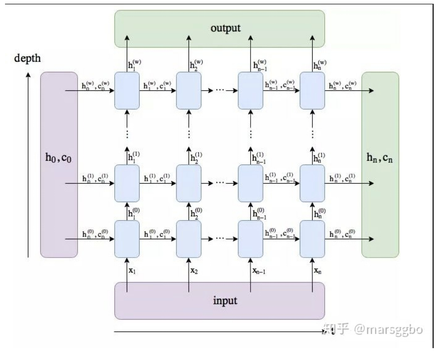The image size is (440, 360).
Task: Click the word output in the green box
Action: click(225, 28)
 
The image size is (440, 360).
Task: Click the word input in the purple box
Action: click(225, 300)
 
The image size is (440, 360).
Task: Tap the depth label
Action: click(27, 58)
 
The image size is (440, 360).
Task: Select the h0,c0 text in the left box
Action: click(58, 158)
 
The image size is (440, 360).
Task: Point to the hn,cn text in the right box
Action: click(379, 158)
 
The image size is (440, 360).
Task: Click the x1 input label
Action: click(132, 271)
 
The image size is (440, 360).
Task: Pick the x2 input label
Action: click(194, 271)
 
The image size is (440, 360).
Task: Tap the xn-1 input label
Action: click(259, 271)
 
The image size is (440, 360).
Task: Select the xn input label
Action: click(318, 271)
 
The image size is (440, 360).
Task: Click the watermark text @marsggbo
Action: click(388, 329)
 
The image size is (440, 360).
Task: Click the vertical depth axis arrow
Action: click(28, 165)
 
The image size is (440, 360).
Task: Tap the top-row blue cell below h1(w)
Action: click(127, 91)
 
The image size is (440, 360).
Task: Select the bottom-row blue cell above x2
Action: click(189, 239)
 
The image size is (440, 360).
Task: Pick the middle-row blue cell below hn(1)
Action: click(312, 183)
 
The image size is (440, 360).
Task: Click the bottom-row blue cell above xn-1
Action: click(250, 239)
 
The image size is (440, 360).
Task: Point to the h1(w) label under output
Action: click(134, 65)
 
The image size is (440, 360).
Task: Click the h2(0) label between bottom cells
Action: click(196, 213)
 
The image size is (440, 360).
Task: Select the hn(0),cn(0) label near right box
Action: click(342, 234)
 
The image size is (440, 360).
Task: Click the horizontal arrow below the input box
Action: click(218, 332)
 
